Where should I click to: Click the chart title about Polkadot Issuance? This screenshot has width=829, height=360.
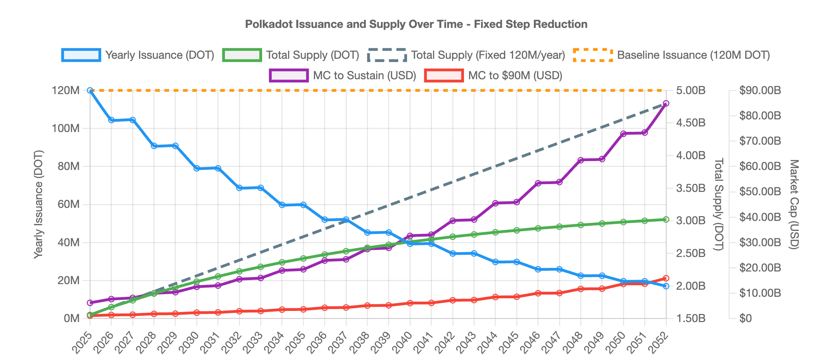[x=416, y=24]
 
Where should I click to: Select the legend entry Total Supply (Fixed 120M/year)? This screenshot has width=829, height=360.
[x=466, y=55]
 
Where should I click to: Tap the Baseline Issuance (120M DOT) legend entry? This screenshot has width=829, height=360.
[x=671, y=55]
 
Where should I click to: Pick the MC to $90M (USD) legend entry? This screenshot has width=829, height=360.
[x=494, y=75]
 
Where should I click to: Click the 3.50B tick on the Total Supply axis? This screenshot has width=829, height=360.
[x=690, y=188]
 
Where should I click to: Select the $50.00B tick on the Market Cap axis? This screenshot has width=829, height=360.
[x=760, y=192]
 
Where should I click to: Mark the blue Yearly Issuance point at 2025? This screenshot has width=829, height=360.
[x=90, y=90]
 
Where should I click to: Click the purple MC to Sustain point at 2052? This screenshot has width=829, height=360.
[x=666, y=103]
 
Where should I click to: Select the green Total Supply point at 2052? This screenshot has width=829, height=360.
[x=666, y=220]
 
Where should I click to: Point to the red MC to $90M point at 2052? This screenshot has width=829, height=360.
[x=666, y=278]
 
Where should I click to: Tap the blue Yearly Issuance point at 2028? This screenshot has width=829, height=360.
[x=154, y=146]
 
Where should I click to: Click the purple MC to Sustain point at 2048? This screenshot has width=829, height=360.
[x=581, y=160]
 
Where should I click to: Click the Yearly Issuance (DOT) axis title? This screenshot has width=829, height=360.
[x=39, y=204]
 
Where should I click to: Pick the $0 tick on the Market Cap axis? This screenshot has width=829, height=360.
[x=745, y=318]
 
